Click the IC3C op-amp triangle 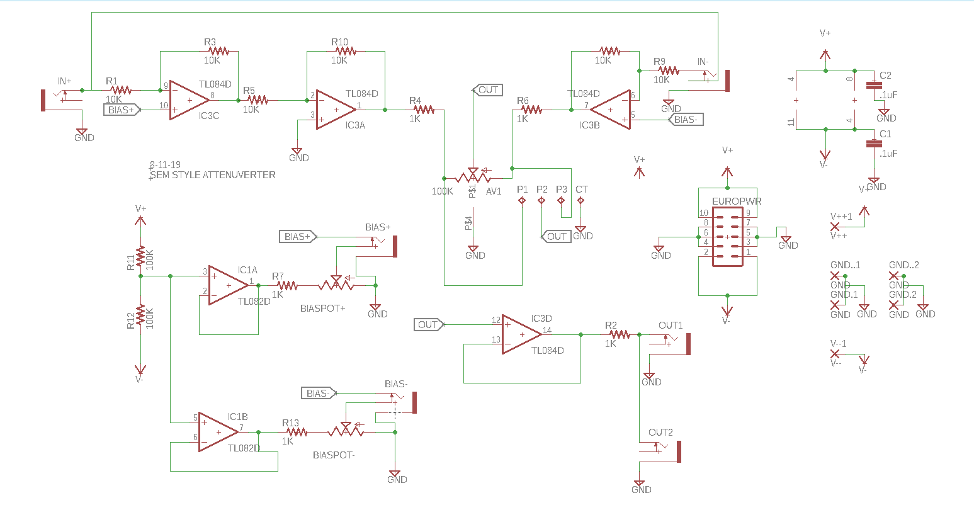click(x=188, y=99)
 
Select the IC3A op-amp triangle click(x=335, y=110)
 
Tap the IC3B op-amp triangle click(x=611, y=110)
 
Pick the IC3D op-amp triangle click(x=521, y=334)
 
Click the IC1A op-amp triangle click(x=227, y=285)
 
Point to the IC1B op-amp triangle click(x=217, y=432)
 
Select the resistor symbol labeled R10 click(x=344, y=51)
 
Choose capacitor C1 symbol click(x=873, y=144)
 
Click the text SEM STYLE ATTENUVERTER click(x=212, y=175)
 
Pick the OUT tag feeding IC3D click(x=429, y=325)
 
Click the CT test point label click(x=581, y=190)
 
